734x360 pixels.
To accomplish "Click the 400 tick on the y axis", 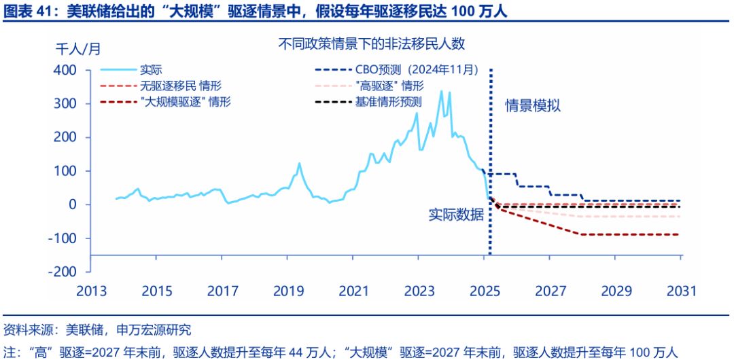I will pyautogui.click(x=65, y=70).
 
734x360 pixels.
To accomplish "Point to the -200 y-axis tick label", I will pyautogui.click(x=62, y=272).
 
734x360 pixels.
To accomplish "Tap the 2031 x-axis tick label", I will pyautogui.click(x=681, y=291).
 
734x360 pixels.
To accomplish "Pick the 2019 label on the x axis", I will pyautogui.click(x=287, y=291).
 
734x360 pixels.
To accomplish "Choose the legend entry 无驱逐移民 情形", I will pyautogui.click(x=181, y=86).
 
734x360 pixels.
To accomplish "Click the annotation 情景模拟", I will pyautogui.click(x=533, y=106).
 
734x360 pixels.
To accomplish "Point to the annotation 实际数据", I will pyautogui.click(x=456, y=215).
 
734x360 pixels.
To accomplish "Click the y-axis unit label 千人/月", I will pyautogui.click(x=77, y=49).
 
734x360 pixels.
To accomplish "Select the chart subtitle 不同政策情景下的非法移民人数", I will pyautogui.click(x=372, y=43).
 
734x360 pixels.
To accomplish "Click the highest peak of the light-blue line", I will pyautogui.click(x=441, y=91).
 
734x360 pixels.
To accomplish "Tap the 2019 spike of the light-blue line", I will pyautogui.click(x=299, y=163).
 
